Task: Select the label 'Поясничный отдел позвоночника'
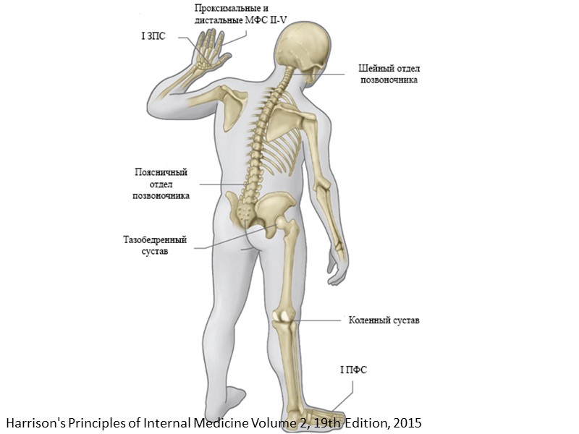point(161,184)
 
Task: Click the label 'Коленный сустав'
point(384,320)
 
